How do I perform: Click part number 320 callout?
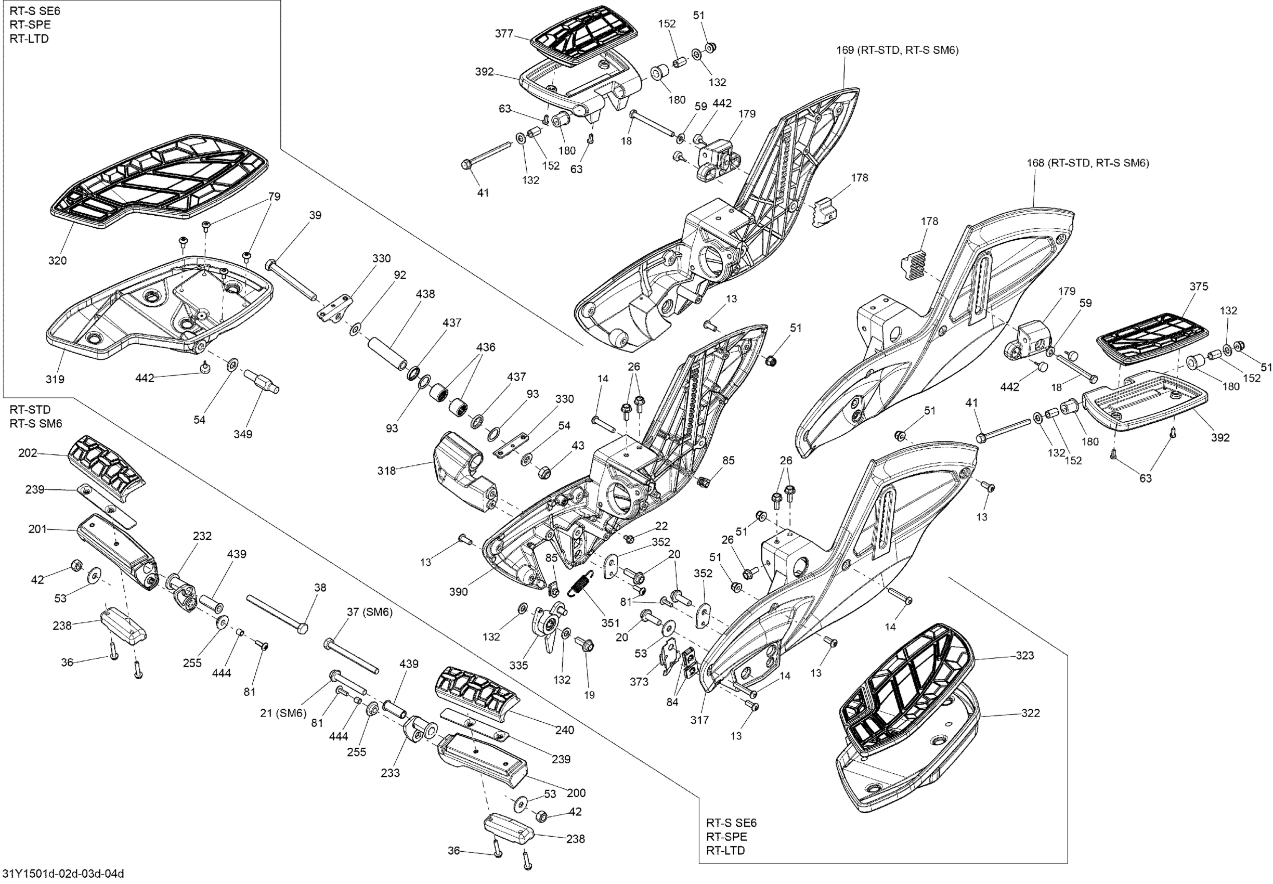[57, 261]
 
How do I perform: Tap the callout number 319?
[55, 380]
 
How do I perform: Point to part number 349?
[243, 434]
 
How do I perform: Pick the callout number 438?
[425, 294]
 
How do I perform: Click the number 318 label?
[387, 471]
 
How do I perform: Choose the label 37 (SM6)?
[370, 612]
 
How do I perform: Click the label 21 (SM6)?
[283, 713]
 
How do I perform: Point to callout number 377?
[504, 34]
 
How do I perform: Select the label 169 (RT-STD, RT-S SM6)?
[898, 50]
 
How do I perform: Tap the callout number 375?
[1199, 287]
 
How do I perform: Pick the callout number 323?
[1025, 655]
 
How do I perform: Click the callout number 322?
[1030, 713]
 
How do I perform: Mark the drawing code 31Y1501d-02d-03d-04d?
[62, 874]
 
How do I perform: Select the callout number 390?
[459, 592]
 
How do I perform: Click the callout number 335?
[518, 665]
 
